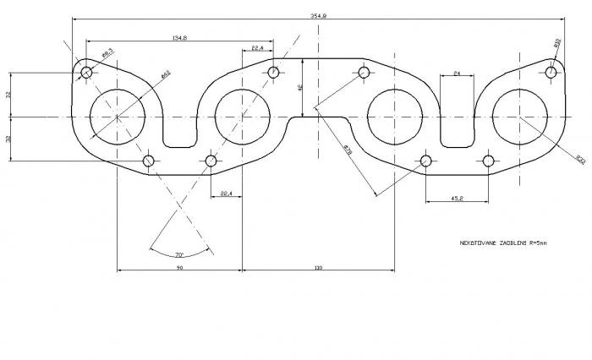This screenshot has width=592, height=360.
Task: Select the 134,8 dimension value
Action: (179, 38)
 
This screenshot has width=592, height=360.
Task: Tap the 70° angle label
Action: (179, 254)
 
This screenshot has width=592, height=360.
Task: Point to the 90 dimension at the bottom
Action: (179, 267)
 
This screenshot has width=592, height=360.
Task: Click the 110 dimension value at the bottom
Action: (318, 267)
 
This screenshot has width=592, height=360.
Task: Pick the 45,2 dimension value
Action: (457, 199)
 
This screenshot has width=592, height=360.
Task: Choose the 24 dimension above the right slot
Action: (457, 74)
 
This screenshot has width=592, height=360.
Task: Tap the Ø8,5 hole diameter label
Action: (107, 53)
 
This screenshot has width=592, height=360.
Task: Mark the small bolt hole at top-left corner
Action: (86, 72)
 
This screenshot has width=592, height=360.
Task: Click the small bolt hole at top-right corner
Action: (551, 72)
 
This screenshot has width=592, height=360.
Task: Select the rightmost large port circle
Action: (519, 116)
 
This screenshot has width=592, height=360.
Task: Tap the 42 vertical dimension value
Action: (299, 87)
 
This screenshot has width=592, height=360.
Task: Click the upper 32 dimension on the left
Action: (8, 95)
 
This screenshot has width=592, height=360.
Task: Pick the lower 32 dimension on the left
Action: (8, 138)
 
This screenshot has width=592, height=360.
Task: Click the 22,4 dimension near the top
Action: (257, 49)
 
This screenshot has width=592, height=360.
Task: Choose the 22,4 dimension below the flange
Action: (226, 194)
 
